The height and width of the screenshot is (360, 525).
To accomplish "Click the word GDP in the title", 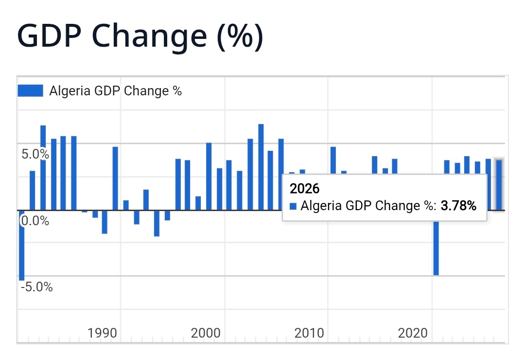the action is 49,36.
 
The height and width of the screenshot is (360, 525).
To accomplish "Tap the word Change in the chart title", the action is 149,37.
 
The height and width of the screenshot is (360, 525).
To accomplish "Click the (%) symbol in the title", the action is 240,36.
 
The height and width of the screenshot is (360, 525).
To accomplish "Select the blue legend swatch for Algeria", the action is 30,90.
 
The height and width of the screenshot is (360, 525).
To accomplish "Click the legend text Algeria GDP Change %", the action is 116,91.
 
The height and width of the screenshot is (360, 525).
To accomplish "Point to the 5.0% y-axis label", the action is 35,154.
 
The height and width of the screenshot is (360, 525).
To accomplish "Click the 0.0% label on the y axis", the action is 35,221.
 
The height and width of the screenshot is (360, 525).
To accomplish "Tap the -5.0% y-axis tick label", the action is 36,287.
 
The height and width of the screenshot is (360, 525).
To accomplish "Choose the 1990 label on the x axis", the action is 102,333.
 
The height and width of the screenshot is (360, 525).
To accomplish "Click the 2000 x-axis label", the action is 206,333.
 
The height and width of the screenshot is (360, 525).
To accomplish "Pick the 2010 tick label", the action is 309,333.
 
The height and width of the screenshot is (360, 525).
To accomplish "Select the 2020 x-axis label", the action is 413,333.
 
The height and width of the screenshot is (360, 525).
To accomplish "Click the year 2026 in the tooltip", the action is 304,189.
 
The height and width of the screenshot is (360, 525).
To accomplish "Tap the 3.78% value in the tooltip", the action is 458,205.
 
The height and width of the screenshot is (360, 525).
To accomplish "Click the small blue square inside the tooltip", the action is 293,206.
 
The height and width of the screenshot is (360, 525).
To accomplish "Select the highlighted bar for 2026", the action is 499,185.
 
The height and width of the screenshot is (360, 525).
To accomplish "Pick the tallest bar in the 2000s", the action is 261,167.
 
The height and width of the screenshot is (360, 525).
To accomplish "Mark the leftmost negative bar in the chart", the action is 21,245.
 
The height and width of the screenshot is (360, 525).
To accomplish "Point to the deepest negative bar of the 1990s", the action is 157,223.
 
